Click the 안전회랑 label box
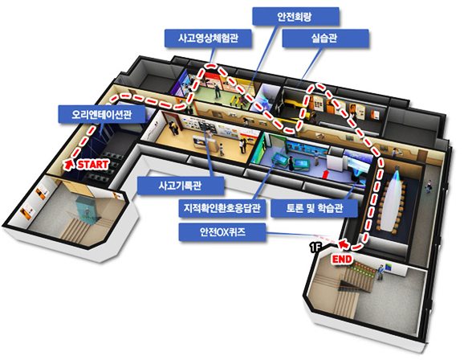pos(295,17)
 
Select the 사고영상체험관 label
pos(208,39)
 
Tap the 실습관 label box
pos(325,39)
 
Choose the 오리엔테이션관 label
pos(102,114)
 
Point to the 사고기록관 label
pos(181,186)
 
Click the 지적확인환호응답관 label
pos(222,208)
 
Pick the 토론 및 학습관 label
pos(314,208)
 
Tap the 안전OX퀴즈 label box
pos(222,232)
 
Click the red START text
pos(93,165)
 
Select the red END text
pos(342,260)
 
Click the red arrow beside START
pos(69,165)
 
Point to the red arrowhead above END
pos(344,243)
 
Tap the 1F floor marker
pos(315,247)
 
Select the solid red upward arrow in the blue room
pos(325,174)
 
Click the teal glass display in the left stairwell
pos(86,210)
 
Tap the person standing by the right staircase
pos(380,272)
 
